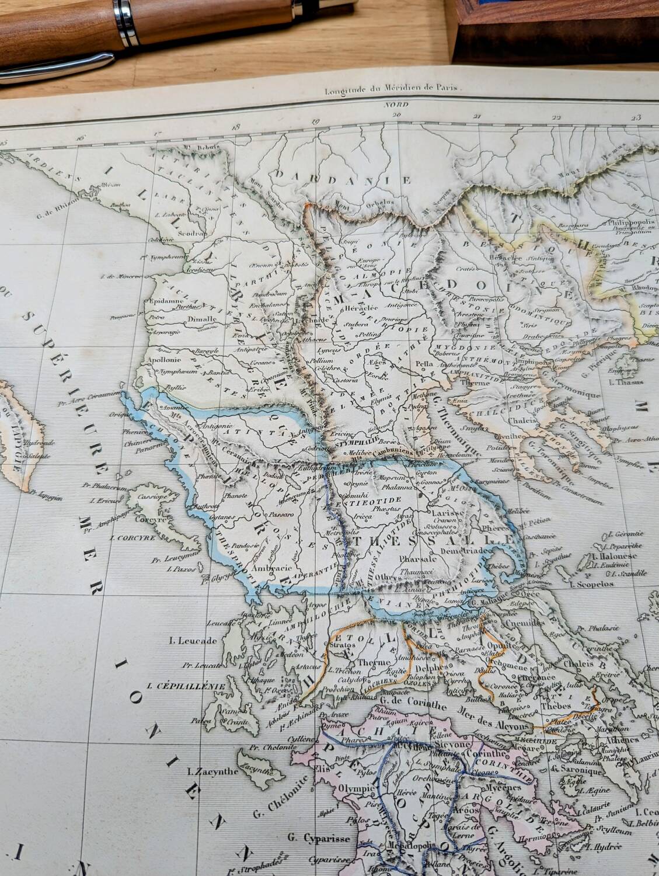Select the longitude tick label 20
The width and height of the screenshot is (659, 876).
398,114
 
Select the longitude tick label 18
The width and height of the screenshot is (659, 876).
236,125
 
